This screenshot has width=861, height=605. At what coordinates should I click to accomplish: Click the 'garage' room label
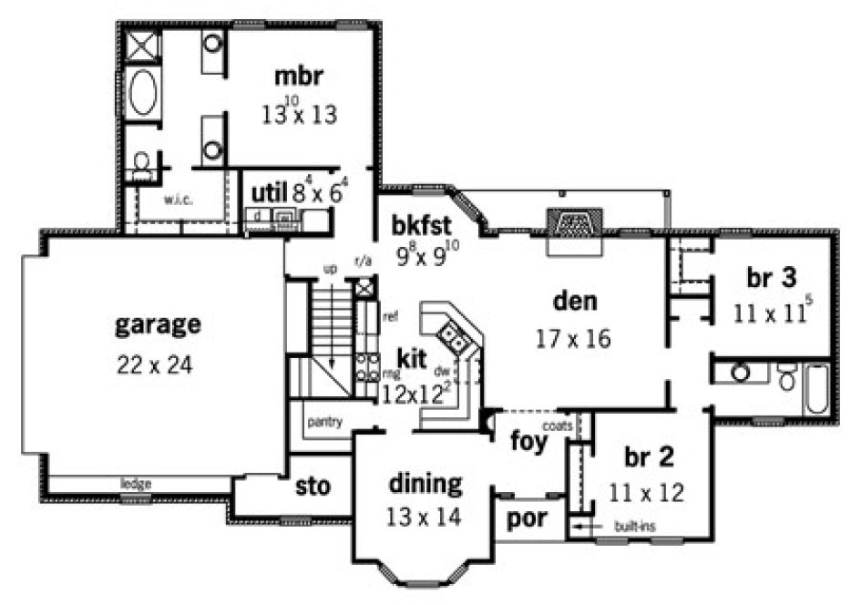pyautogui.click(x=158, y=324)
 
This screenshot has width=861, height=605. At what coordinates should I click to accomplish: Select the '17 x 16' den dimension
pyautogui.click(x=573, y=339)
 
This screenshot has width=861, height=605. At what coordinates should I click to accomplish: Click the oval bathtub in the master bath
pyautogui.click(x=142, y=94)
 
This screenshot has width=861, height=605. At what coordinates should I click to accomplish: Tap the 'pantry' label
pyautogui.click(x=324, y=422)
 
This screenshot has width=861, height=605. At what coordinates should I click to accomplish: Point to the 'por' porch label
pyautogui.click(x=527, y=519)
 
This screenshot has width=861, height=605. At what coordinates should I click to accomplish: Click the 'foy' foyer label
pyautogui.click(x=529, y=444)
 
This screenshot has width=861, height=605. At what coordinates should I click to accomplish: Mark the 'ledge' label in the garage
pyautogui.click(x=137, y=483)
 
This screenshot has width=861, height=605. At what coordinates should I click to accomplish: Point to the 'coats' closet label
pyautogui.click(x=556, y=426)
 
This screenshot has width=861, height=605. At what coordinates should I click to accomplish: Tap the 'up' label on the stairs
pyautogui.click(x=333, y=269)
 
